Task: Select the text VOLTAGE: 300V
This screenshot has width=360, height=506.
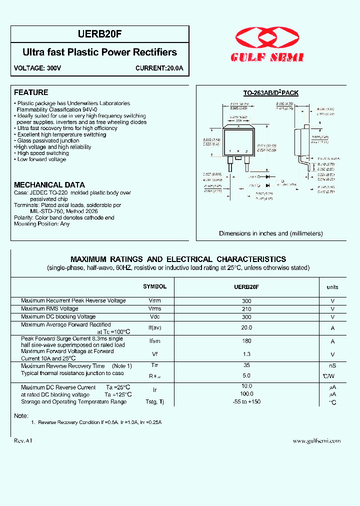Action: tap(37, 68)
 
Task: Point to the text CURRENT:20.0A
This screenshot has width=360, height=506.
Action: tap(159, 68)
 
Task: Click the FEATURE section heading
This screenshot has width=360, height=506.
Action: tap(31, 92)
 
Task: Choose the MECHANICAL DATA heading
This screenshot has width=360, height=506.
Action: tap(49, 184)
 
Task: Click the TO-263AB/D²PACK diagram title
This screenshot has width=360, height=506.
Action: tap(270, 93)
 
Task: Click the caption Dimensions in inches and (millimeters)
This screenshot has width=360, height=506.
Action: tap(270, 233)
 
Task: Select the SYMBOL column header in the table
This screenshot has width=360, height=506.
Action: tap(154, 286)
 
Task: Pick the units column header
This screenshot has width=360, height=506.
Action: tap(332, 287)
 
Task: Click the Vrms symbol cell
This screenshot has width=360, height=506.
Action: tap(154, 309)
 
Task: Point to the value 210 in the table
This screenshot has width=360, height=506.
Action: tap(246, 309)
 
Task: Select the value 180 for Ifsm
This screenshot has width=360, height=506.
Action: tap(246, 341)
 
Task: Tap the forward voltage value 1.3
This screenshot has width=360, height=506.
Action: tap(246, 354)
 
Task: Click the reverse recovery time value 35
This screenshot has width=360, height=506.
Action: tap(246, 365)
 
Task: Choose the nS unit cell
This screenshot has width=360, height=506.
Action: tap(332, 366)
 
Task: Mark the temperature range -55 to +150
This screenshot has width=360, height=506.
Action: tap(246, 401)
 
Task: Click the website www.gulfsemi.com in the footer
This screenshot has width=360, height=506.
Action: tap(316, 440)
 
